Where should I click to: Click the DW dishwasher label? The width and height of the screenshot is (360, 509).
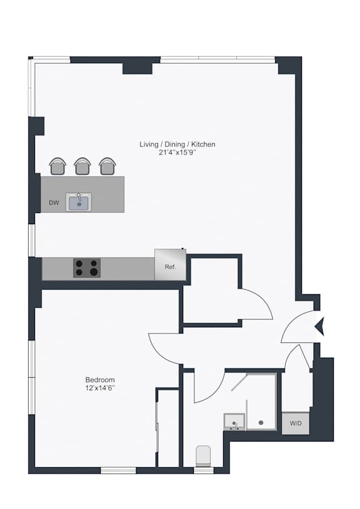click(54, 203)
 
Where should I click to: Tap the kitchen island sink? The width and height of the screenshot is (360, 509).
click(79, 202)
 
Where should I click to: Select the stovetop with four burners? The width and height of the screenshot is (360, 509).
click(87, 268)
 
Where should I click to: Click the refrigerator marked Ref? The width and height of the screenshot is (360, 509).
click(170, 265)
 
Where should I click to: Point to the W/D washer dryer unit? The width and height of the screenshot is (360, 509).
click(296, 423)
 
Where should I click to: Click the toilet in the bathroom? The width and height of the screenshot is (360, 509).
click(203, 456)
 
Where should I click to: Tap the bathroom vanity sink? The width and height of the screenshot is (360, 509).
click(234, 422)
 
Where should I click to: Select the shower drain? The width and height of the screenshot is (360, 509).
click(261, 423)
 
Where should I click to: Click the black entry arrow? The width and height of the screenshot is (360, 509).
click(320, 327)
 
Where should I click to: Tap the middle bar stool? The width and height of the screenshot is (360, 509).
click(82, 166)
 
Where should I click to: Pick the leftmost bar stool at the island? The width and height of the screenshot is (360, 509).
click(58, 166)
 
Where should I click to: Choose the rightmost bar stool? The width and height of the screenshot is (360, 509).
click(107, 166)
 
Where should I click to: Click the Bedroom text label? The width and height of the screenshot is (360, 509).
click(100, 380)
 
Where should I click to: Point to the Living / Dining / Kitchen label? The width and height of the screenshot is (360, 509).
click(177, 144)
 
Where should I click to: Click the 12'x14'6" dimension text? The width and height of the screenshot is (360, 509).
click(101, 388)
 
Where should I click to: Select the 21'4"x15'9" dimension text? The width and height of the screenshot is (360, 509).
click(177, 152)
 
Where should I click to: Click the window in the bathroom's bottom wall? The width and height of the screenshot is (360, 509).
click(204, 470)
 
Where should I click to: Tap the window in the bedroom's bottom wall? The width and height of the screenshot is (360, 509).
click(118, 470)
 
